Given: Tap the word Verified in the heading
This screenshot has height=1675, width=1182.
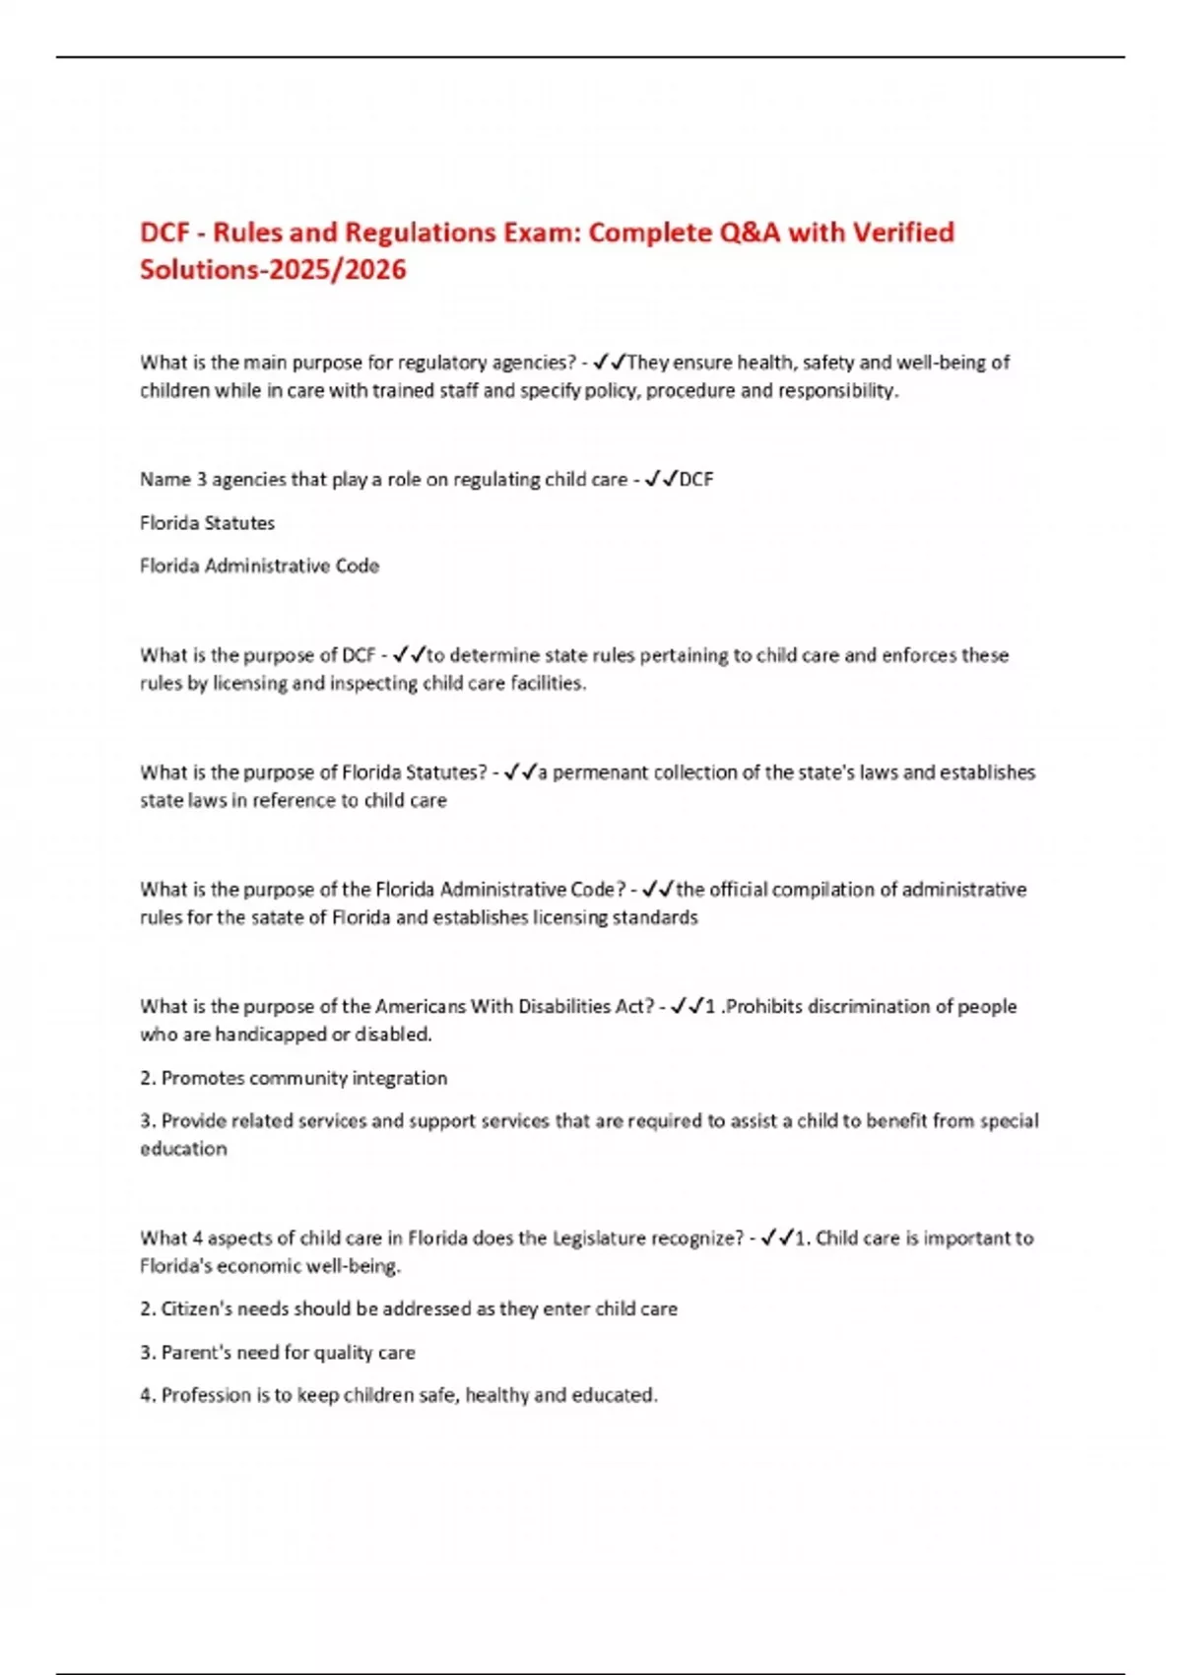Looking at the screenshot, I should pos(902,233).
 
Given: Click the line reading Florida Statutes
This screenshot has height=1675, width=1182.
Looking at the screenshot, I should pos(207,523).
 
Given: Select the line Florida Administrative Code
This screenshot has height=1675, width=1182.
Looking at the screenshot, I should pos(259,567).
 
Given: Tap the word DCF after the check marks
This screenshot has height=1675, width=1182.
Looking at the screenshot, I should pos(696,480).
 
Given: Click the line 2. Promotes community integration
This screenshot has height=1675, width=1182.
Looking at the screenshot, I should pos(294,1078).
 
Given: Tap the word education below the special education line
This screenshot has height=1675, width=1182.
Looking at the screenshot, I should pos(183,1149).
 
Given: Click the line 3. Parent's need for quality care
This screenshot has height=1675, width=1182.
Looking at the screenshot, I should pos(277,1353).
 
